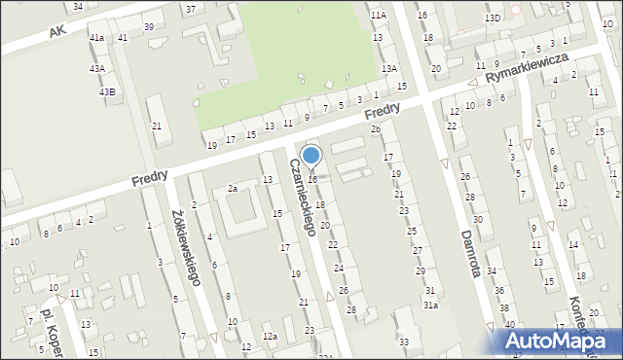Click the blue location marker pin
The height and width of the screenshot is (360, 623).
[311, 156]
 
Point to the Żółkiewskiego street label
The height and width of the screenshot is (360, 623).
[184, 247]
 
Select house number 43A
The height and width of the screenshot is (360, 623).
[97, 69]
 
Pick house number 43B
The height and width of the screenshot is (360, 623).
[107, 91]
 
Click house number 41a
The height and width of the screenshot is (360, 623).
[96, 37]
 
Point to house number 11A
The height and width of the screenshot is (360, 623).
[378, 16]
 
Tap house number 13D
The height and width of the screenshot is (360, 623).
[494, 18]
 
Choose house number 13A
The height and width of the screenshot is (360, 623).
[389, 68]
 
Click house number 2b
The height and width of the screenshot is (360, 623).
[375, 129]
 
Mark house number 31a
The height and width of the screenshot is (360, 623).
[430, 305]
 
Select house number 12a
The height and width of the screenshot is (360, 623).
[269, 337]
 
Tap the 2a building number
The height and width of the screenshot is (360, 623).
[233, 188]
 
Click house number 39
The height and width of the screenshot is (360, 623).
[148, 26]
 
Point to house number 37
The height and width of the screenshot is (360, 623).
[190, 9]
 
